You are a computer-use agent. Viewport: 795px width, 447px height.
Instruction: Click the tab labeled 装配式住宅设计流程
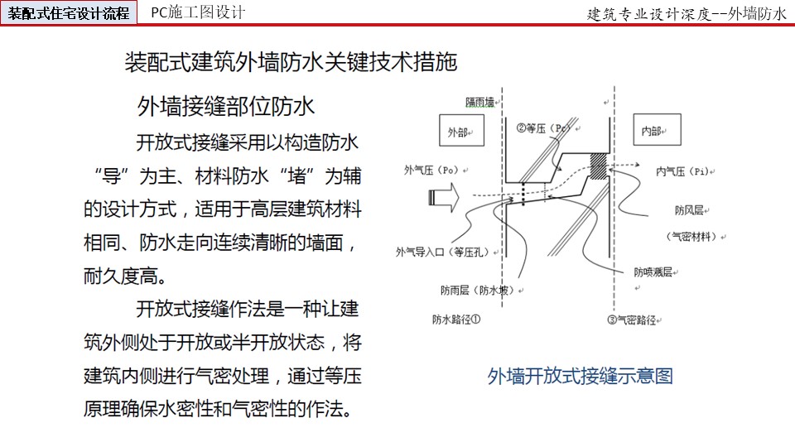pyautogui.click(x=69, y=12)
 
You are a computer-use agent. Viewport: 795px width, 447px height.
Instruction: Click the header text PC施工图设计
pyautogui.click(x=198, y=12)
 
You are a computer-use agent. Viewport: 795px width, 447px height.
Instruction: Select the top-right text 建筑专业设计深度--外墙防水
pyautogui.click(x=687, y=14)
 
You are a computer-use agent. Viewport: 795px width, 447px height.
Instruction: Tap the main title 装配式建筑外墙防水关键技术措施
pyautogui.click(x=291, y=62)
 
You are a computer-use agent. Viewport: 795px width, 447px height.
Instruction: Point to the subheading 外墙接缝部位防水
pyautogui.click(x=225, y=107)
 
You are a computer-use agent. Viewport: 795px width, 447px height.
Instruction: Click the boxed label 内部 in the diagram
pyautogui.click(x=657, y=130)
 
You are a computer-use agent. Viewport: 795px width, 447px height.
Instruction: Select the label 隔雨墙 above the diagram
pyautogui.click(x=479, y=103)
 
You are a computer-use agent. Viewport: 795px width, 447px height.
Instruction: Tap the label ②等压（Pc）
pyautogui.click(x=545, y=127)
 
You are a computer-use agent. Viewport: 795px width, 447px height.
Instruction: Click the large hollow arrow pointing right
pyautogui.click(x=444, y=197)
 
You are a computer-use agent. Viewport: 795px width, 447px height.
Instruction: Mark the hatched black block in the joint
pyautogui.click(x=598, y=166)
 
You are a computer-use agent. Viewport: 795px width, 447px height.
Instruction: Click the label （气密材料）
pyautogui.click(x=692, y=236)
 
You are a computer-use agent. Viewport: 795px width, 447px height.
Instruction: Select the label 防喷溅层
pyautogui.click(x=653, y=272)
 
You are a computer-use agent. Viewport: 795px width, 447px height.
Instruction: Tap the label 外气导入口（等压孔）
pyautogui.click(x=442, y=252)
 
